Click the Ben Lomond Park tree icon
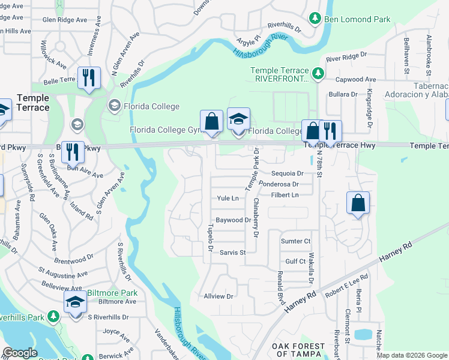[315, 19]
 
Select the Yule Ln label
[228, 198]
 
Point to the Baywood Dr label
[233, 220]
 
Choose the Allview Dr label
[218, 296]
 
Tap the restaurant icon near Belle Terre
[89, 78]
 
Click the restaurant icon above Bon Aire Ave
[73, 151]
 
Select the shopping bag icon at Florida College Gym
[211, 121]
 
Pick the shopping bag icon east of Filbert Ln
[358, 203]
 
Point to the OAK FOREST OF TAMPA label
[298, 350]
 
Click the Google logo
[20, 353]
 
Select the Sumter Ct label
[296, 241]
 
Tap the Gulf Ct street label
[295, 262]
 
